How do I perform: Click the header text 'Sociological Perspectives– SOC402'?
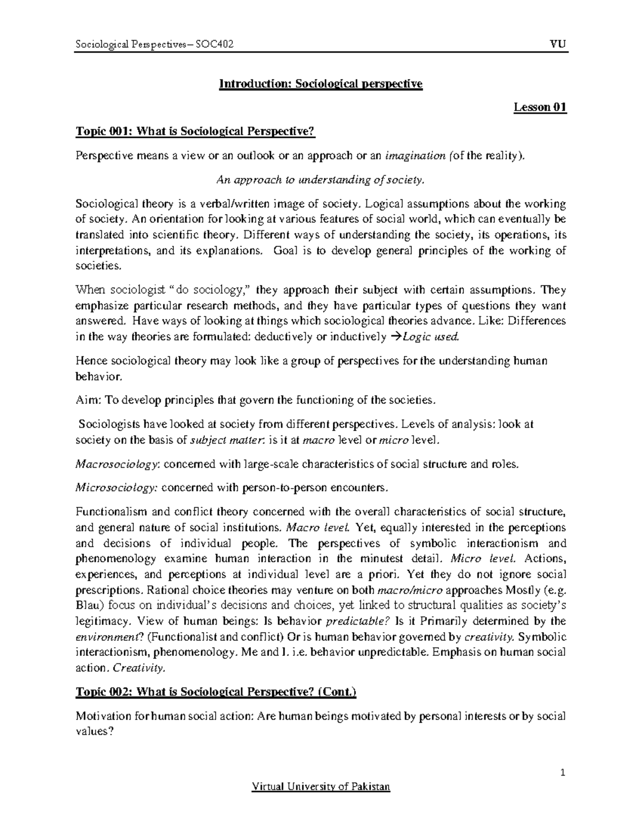(155, 44)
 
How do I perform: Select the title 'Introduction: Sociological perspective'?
(320, 84)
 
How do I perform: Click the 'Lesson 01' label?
(540, 107)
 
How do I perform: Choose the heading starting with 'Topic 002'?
(216, 692)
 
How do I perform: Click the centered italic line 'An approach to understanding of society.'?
(320, 180)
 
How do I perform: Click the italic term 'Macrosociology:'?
(117, 464)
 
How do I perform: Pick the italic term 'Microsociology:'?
(117, 487)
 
